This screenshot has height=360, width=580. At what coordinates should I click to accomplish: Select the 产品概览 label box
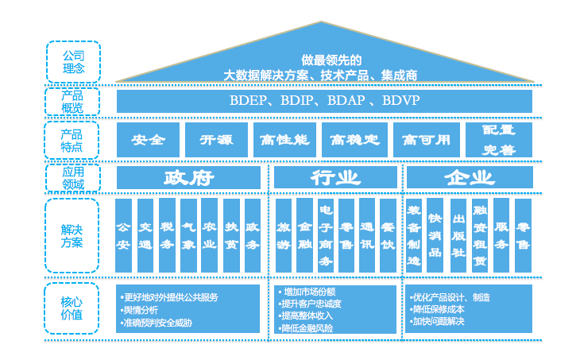pos(72,101)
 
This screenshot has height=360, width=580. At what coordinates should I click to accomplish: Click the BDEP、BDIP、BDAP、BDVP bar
pos(324,101)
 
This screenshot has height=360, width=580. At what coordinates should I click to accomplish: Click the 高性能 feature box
pos(284,140)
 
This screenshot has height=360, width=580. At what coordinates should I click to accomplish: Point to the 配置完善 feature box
pos(499,140)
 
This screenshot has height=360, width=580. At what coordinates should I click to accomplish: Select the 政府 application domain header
pos(188,177)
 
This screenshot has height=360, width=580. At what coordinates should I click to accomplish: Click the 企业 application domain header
pos(469,177)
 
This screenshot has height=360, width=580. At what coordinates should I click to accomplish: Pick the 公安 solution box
pos(123,236)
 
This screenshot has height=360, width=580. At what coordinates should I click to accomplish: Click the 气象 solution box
pos(188,236)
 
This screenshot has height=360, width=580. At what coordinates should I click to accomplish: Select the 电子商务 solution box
pos(325,236)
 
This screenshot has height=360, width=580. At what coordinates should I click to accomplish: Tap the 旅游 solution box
pos(284,236)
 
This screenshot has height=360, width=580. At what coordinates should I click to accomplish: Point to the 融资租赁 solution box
pos(479,236)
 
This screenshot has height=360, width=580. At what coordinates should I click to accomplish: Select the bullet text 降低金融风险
pos(307,327)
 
